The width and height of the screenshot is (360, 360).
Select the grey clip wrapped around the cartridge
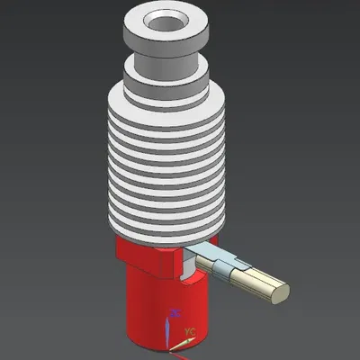tap(225, 268)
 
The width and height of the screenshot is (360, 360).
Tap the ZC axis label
tap(175, 314)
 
